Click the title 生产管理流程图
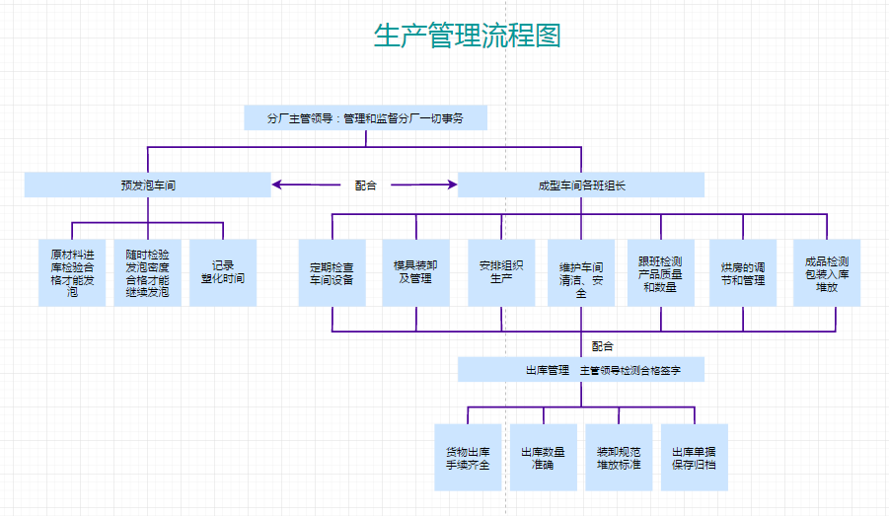coord(468,37)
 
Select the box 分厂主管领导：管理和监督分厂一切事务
coord(366,117)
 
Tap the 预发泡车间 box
coord(148,184)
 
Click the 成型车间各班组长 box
coord(581,184)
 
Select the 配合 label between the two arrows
coord(365,184)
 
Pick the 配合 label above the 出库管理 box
coord(603,345)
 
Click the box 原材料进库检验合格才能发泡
coord(72,272)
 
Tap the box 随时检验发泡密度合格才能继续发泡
coord(147,272)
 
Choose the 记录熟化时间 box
coord(223,272)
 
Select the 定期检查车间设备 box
coord(332,272)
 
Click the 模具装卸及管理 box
coord(415,272)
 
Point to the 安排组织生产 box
coord(501,272)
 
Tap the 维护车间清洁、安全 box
coord(581,272)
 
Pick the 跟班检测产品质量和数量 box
coord(660,272)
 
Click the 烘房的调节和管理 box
coord(743,272)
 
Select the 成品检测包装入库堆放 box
coord(827,272)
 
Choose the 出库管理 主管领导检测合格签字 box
coord(581,370)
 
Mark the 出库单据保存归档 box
coord(695,457)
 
